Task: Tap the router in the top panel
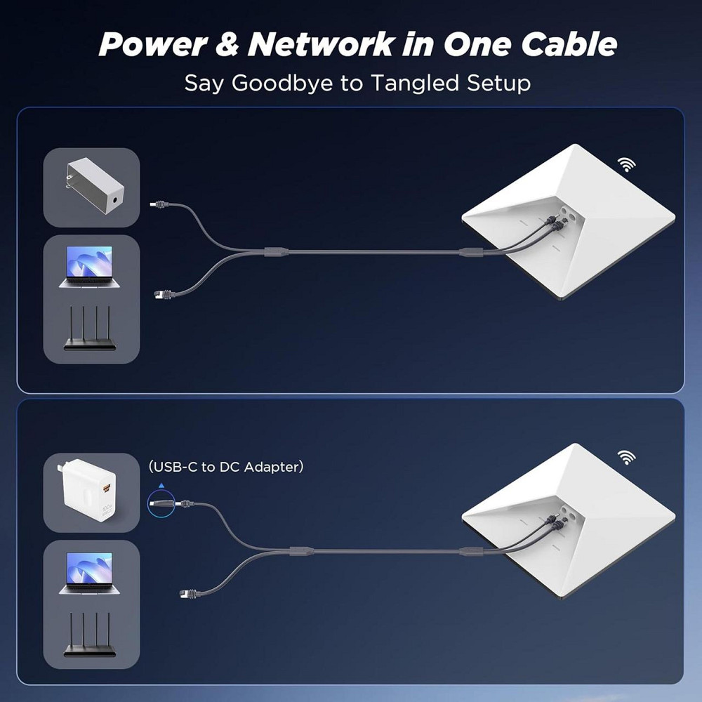(90, 329)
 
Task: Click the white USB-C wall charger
(91, 491)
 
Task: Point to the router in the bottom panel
(90, 638)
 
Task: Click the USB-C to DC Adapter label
(225, 467)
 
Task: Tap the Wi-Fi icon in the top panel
(627, 164)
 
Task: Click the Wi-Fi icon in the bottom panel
(627, 458)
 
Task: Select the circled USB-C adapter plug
(160, 503)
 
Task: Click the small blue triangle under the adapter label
(161, 484)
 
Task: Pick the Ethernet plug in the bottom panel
(187, 593)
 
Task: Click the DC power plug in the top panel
(160, 204)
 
